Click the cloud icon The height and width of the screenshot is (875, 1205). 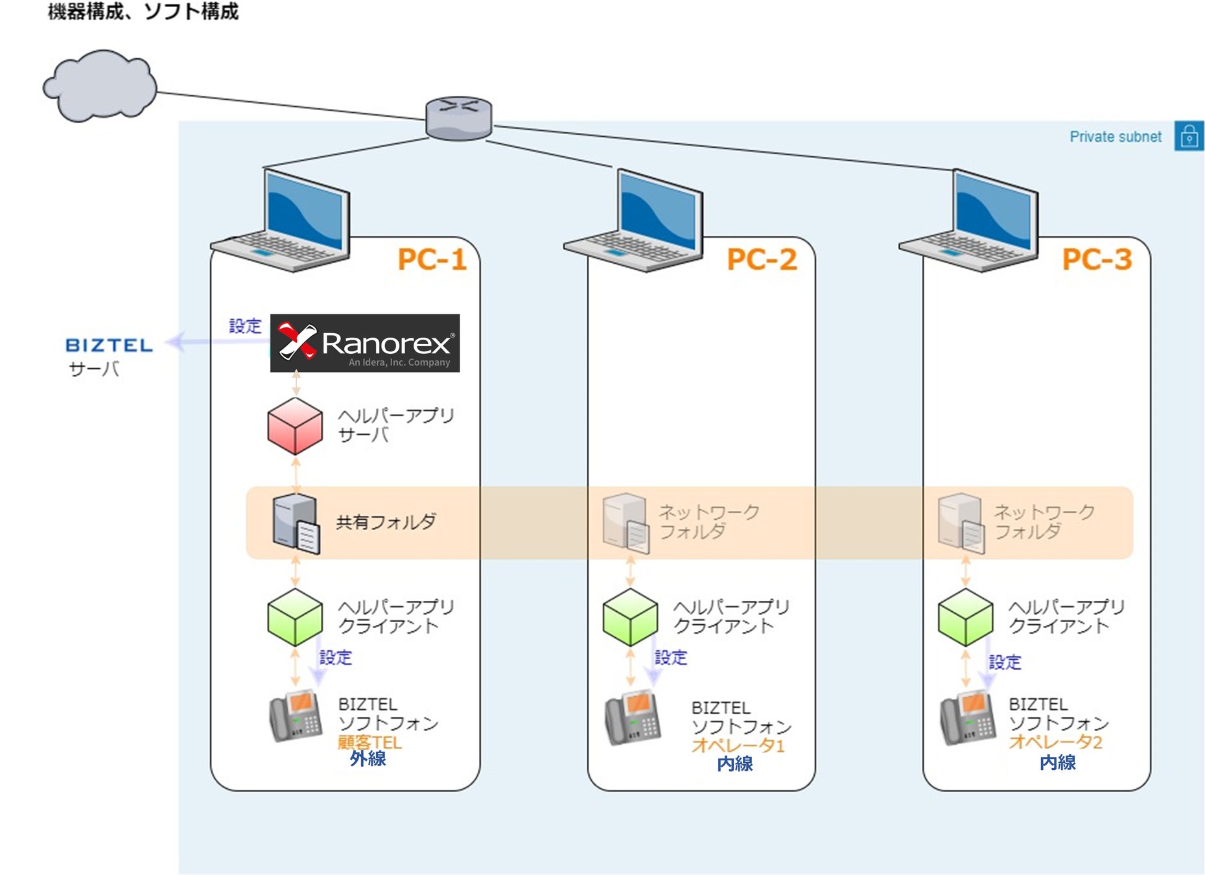click(100, 86)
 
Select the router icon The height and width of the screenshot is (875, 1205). click(458, 119)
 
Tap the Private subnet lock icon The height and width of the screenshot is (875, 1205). click(1189, 136)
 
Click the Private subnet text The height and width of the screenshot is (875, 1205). click(1115, 137)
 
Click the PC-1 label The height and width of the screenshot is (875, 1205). click(432, 260)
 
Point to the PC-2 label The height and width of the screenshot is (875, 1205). click(762, 260)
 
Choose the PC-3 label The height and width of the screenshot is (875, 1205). click(1097, 260)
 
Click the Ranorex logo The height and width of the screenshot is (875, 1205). click(365, 343)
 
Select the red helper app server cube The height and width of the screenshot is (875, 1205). click(295, 426)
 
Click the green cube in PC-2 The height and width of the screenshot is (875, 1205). click(630, 617)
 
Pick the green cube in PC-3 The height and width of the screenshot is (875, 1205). click(965, 617)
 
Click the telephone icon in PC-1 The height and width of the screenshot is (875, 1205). click(296, 717)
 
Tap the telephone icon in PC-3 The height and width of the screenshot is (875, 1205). click(967, 718)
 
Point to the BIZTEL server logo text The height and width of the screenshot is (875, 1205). click(109, 345)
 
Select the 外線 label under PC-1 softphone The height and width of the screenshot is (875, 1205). click(368, 758)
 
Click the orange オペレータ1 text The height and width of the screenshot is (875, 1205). click(738, 745)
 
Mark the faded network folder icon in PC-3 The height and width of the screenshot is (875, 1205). click(961, 523)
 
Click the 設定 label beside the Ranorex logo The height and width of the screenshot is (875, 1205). click(245, 326)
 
